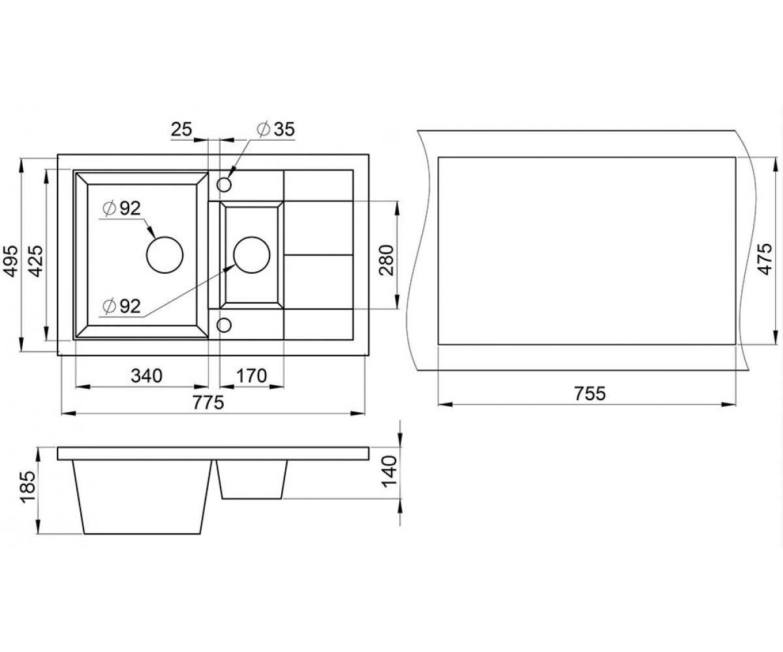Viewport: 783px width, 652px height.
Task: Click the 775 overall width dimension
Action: click(209, 403)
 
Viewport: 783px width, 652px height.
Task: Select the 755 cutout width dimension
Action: click(590, 393)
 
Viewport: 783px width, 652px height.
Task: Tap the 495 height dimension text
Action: click(12, 261)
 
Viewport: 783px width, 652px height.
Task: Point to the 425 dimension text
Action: click(36, 261)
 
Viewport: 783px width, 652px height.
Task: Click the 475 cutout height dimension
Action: click(764, 259)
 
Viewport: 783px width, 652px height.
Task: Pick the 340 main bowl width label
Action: click(147, 376)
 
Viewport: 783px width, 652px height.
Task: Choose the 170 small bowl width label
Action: click(251, 376)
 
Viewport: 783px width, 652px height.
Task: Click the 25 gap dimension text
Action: click(181, 129)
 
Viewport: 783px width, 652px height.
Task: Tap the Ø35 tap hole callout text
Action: click(276, 129)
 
